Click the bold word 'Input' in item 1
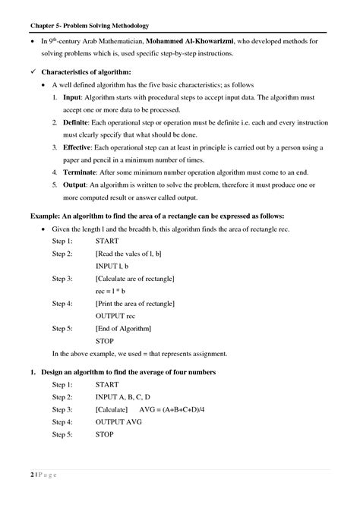point(71,98)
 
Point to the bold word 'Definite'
point(76,122)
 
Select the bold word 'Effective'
point(77,147)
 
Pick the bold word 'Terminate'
point(80,172)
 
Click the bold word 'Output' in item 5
point(74,185)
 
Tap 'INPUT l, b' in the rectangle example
point(112,267)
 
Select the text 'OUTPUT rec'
point(115,315)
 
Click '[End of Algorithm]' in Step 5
point(123,328)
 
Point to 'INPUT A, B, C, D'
point(123,397)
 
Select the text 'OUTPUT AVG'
point(118,421)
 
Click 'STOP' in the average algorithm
point(104,434)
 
